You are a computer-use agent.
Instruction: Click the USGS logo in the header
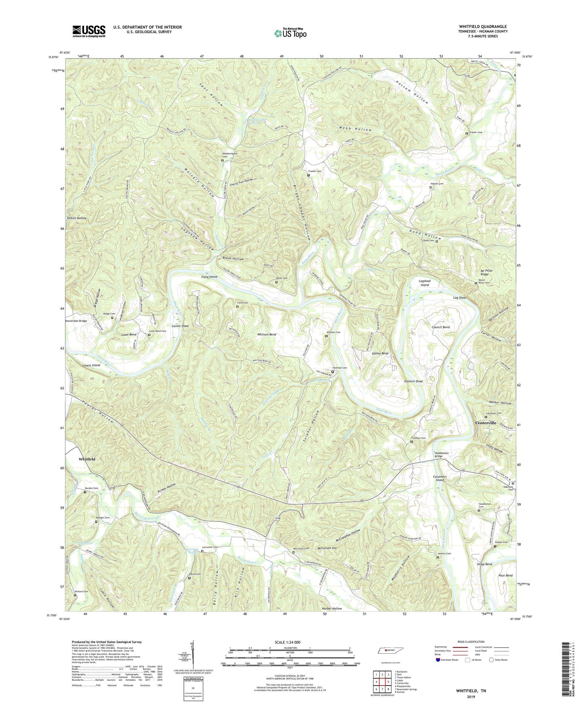pos(89,31)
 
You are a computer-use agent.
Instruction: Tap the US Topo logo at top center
pos(290,33)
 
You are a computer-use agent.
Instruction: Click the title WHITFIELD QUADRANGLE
pos(483,27)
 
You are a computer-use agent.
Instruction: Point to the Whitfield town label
pos(87,459)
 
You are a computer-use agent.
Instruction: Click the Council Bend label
pos(441,327)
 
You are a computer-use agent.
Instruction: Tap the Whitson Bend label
pos(267,334)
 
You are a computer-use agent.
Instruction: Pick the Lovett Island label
pos(91,365)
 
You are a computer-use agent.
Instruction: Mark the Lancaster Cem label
pos(210,548)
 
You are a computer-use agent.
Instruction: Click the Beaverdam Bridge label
pos(76,321)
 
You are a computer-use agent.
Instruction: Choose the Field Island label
pos(209,277)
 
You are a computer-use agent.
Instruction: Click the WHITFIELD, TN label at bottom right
pos(471,691)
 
